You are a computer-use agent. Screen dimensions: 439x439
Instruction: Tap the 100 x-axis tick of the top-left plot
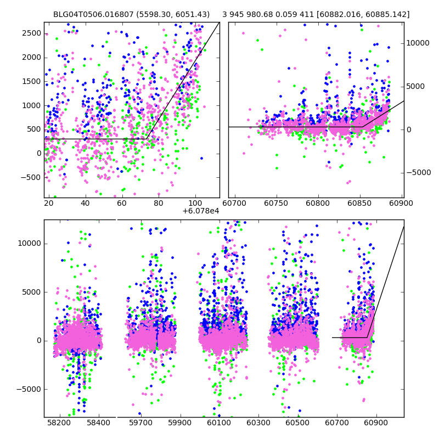(x=195, y=204)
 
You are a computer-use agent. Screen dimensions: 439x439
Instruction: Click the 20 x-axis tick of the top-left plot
(x=49, y=204)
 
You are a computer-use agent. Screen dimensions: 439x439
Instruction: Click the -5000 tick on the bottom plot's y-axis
(x=29, y=389)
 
